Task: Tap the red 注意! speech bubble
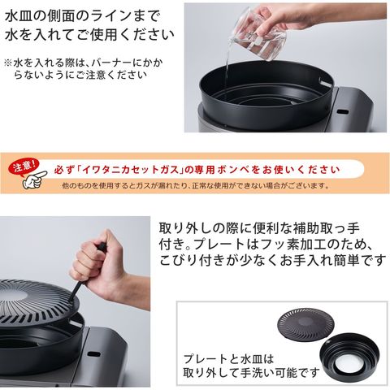click(x=24, y=167)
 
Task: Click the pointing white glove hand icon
click(x=34, y=180)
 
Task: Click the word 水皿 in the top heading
click(x=20, y=17)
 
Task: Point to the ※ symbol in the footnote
click(x=8, y=63)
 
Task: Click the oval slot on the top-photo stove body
click(x=344, y=111)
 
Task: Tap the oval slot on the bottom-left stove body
click(x=93, y=354)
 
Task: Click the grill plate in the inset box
click(x=305, y=323)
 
